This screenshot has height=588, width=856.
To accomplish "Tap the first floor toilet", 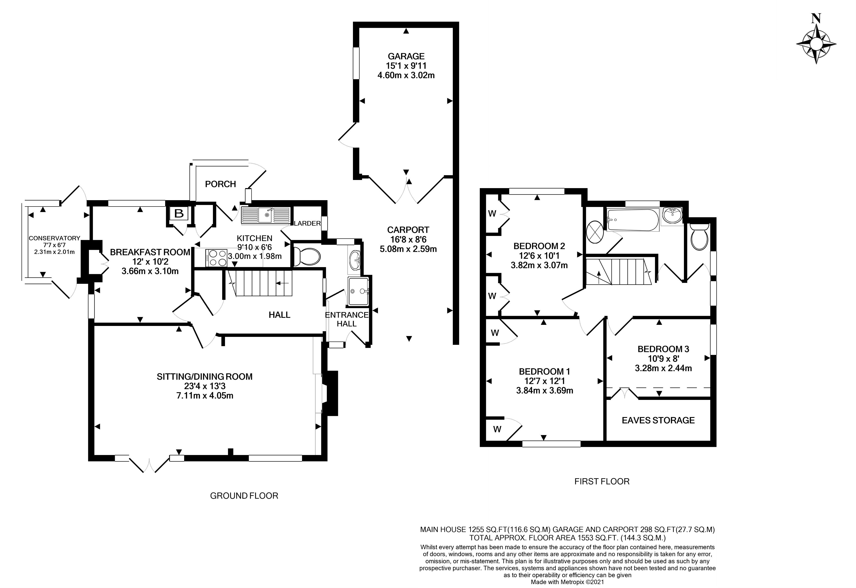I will [700, 237].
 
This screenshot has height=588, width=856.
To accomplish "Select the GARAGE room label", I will [406, 56].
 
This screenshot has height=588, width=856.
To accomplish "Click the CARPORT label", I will [408, 230].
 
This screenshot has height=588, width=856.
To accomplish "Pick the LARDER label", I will [307, 223].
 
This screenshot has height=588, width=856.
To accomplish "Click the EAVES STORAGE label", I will [658, 420].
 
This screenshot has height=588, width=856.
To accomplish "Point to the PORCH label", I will [220, 184].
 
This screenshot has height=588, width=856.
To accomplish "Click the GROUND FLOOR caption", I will [244, 496].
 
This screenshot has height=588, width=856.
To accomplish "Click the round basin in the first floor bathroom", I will [672, 215].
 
